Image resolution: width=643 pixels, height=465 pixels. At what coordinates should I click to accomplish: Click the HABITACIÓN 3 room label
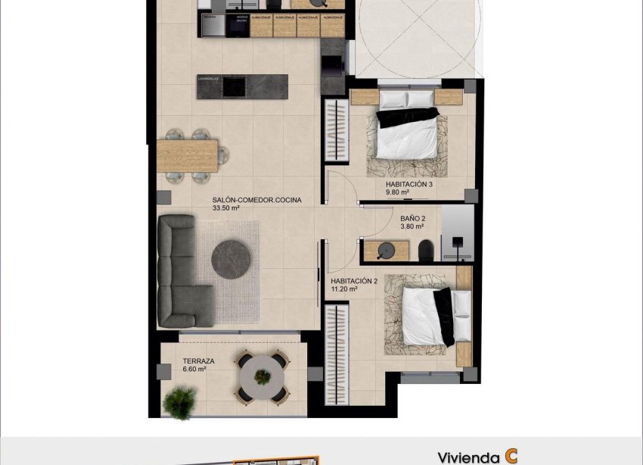(x=408, y=184)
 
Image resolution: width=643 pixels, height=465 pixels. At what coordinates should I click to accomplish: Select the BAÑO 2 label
(x=413, y=217)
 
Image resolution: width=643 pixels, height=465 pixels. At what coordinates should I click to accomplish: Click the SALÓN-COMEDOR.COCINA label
(x=256, y=200)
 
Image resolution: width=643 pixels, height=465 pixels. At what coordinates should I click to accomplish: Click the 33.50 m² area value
(x=226, y=208)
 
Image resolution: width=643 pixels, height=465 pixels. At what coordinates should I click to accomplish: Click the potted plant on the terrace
(x=179, y=401)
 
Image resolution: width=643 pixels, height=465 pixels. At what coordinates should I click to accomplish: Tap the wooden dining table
(x=187, y=155)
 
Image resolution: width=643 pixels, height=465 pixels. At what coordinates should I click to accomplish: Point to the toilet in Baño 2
(x=426, y=249)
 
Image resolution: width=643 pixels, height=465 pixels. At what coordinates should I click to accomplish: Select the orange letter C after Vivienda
(x=512, y=456)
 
